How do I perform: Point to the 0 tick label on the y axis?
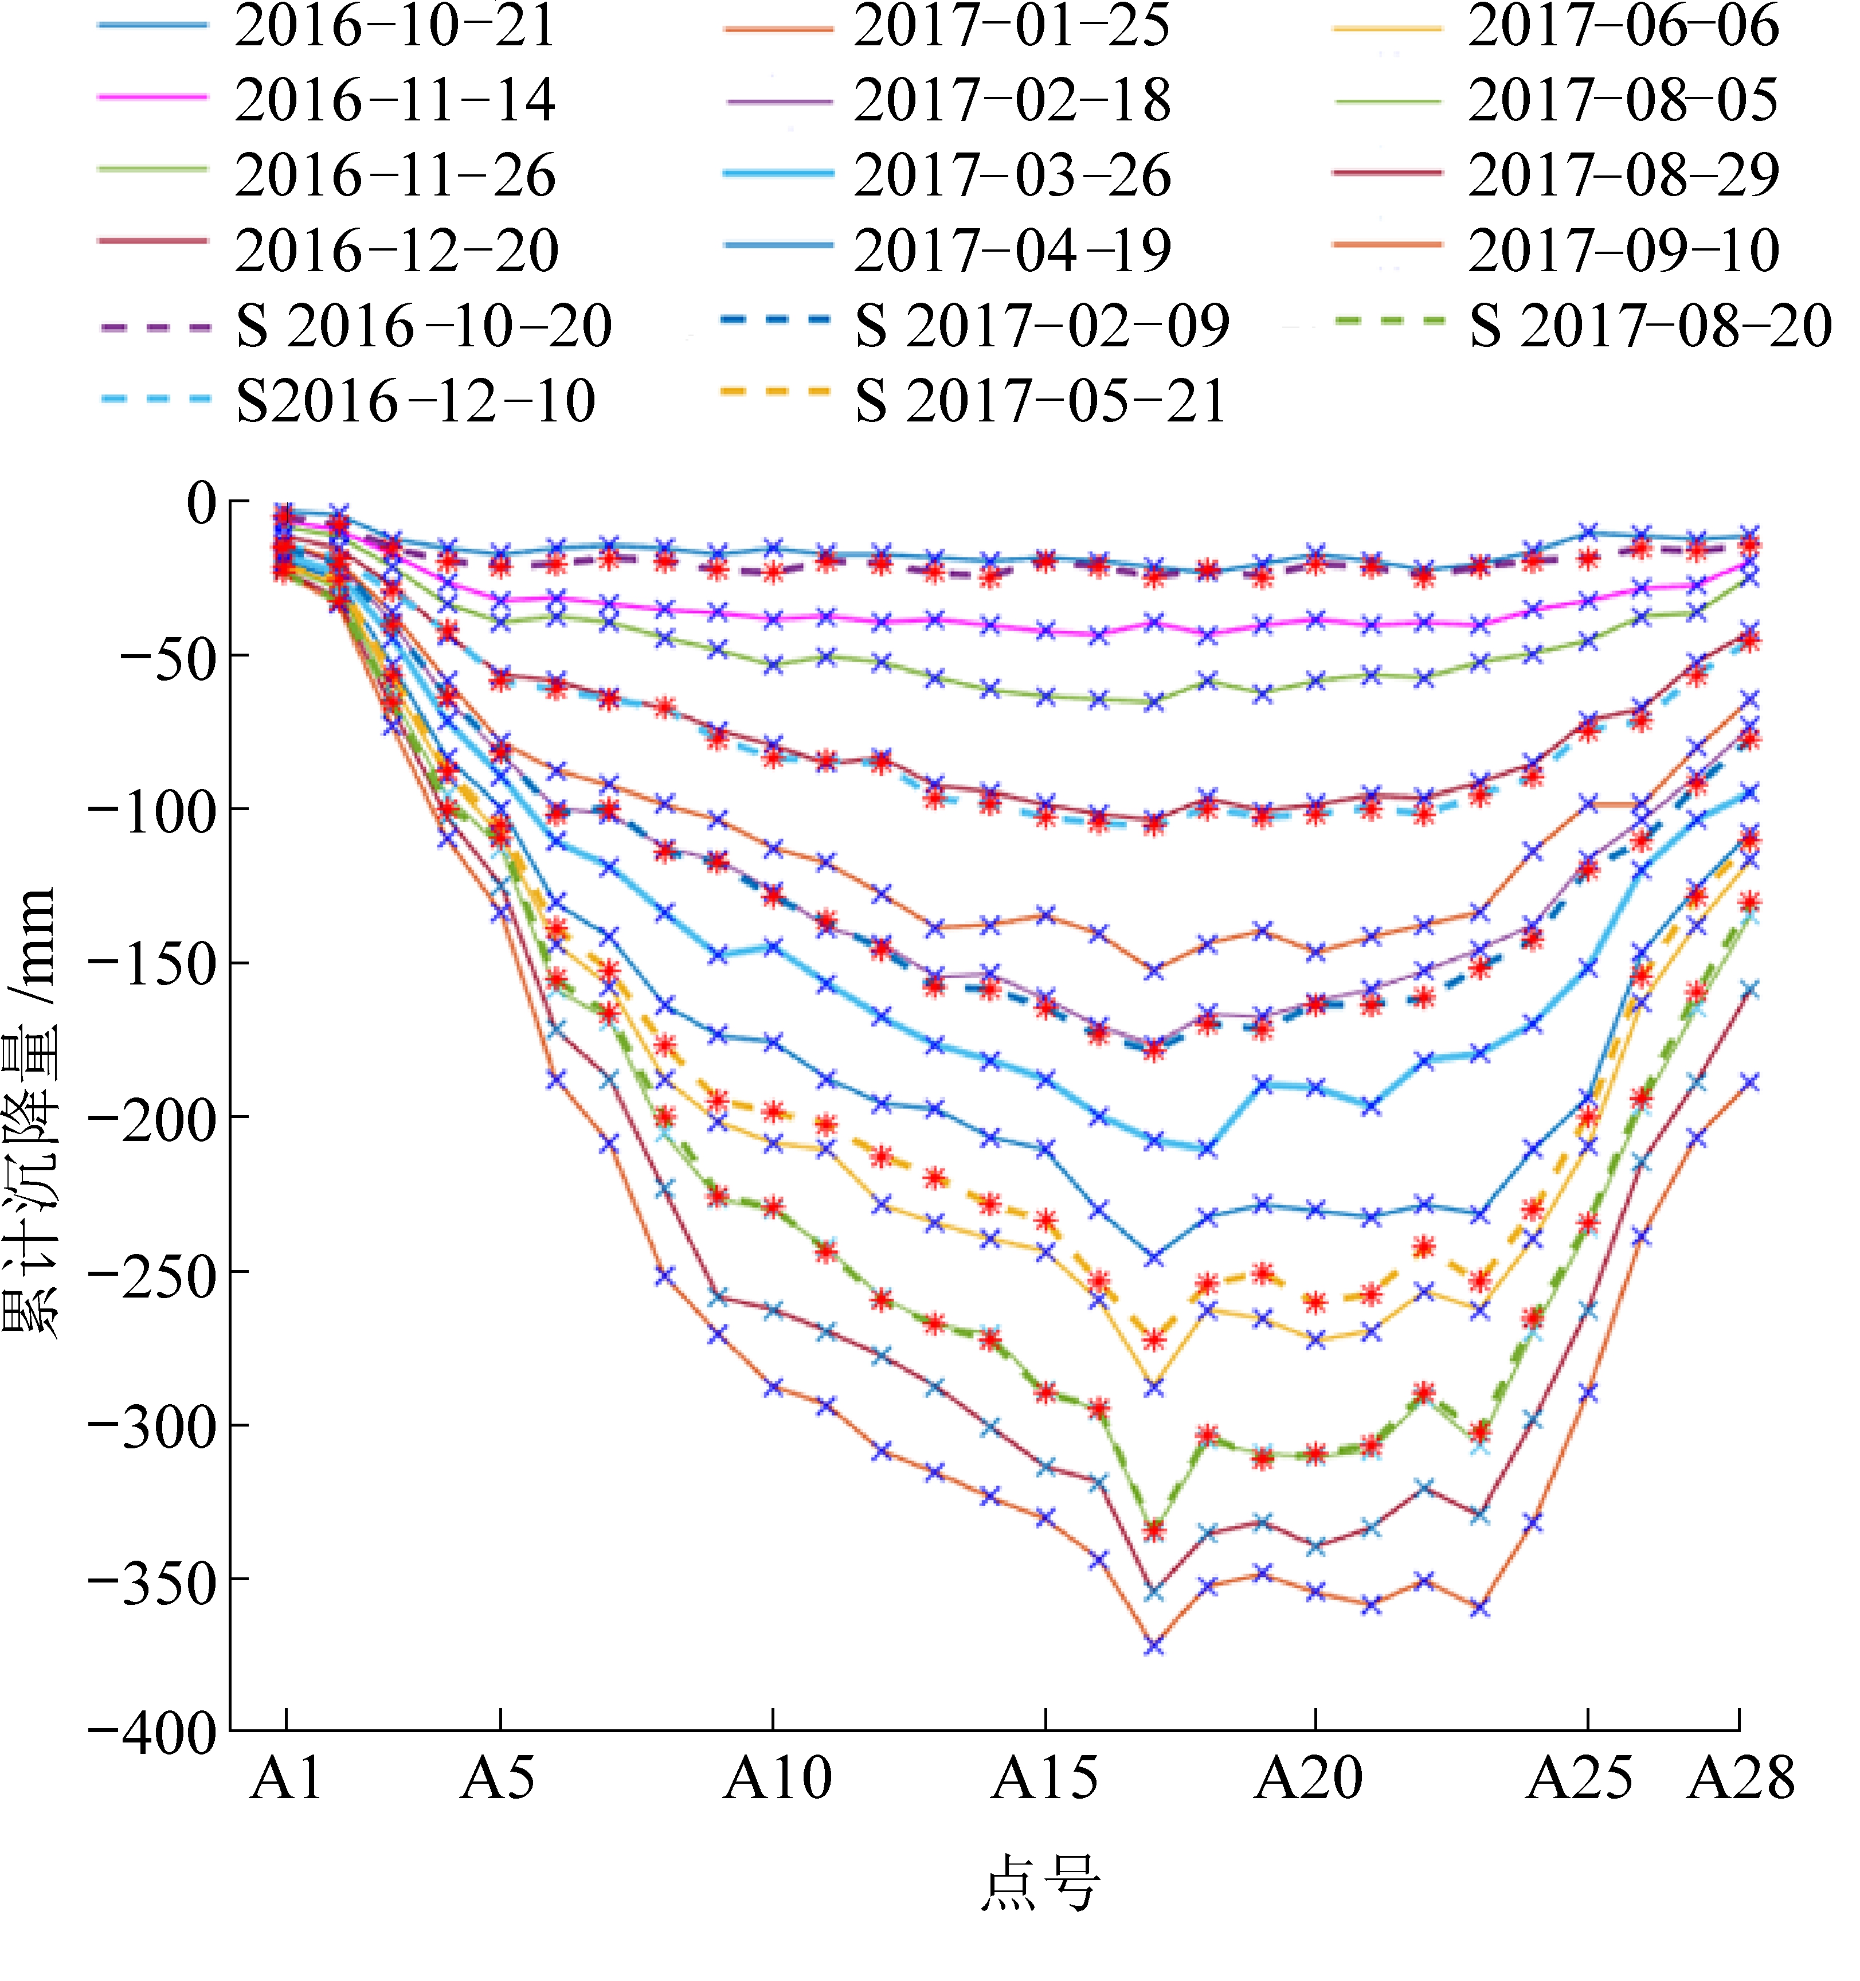[x=200, y=503]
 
